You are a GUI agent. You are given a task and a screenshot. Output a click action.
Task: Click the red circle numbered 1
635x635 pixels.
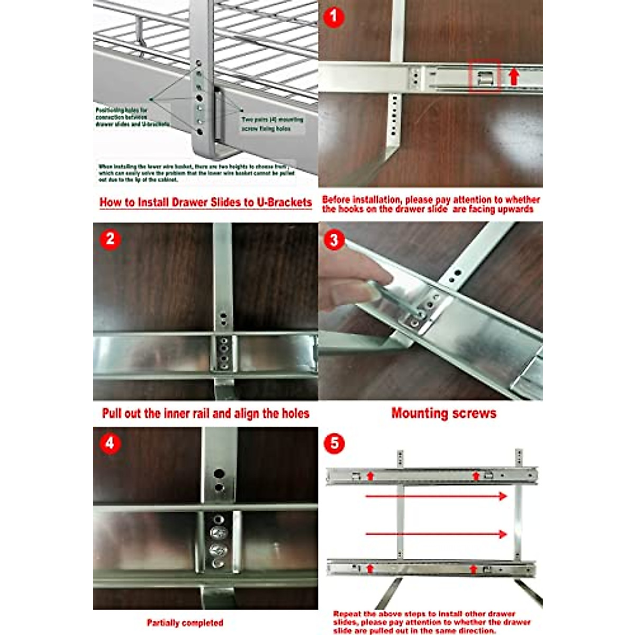coord(333,16)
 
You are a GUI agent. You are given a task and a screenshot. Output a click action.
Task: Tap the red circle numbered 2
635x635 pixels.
coord(110,239)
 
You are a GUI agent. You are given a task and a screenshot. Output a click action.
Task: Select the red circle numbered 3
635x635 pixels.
coord(333,240)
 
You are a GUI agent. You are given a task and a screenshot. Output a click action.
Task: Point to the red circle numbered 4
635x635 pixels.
coord(110,443)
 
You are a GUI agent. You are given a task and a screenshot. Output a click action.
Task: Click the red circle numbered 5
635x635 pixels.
coord(334,443)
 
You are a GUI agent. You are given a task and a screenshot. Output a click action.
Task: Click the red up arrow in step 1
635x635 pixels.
coord(513,77)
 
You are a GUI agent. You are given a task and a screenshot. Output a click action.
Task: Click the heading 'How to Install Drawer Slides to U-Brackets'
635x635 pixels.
coord(205,202)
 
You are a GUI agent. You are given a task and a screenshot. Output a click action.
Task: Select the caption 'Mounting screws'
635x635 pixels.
coord(443,413)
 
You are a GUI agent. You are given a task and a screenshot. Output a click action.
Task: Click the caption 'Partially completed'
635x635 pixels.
coord(185,623)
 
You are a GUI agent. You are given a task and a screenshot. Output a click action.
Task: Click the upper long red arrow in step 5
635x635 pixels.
coord(436,496)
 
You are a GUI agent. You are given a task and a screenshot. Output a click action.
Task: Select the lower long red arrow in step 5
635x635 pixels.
coord(436,534)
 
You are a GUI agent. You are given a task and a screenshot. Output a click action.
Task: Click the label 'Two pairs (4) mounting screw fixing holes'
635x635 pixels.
coord(272,124)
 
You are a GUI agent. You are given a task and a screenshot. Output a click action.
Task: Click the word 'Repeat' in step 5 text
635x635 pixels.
coord(347,614)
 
